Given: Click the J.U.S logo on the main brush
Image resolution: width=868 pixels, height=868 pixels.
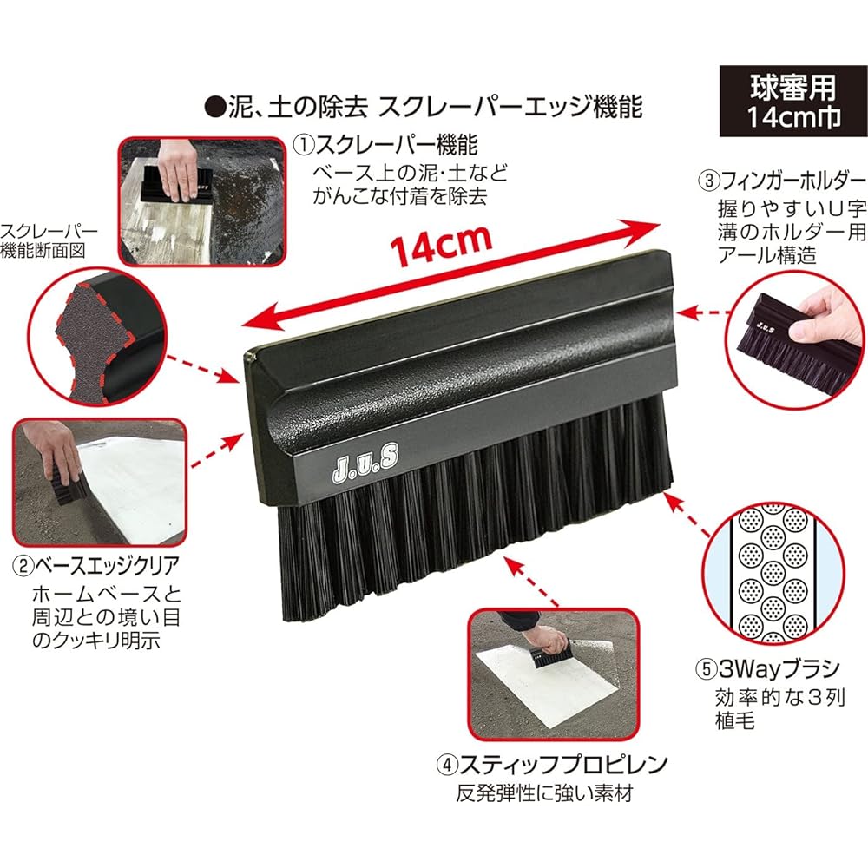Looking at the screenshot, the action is [x=365, y=463].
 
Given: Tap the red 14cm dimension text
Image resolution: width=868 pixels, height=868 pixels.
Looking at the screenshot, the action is [x=441, y=246].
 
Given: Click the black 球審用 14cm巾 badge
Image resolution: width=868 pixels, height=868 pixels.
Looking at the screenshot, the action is [x=792, y=102].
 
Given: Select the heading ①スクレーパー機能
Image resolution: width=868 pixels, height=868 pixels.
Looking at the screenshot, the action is [x=385, y=146].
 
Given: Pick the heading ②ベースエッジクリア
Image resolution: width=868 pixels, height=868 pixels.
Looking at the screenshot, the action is [x=96, y=566].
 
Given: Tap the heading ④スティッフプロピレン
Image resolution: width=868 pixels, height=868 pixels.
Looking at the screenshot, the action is [x=552, y=765].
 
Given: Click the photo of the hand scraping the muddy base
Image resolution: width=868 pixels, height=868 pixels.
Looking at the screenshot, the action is [x=202, y=201].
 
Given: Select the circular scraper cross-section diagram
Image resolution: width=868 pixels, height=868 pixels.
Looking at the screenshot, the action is [x=97, y=338].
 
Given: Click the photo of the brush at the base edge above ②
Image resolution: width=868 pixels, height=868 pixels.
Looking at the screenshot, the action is [x=100, y=482].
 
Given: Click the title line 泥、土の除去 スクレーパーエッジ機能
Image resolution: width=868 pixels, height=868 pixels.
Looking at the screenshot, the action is [x=424, y=106].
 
